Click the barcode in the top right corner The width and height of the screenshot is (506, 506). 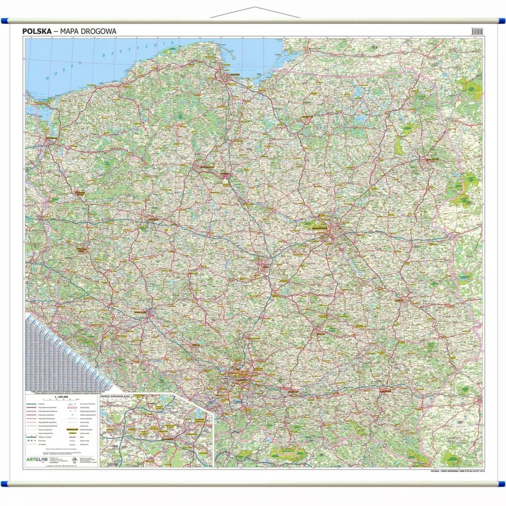click(x=477, y=31)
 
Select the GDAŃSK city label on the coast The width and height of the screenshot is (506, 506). click(x=230, y=75)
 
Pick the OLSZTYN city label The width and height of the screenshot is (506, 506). click(x=306, y=118)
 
